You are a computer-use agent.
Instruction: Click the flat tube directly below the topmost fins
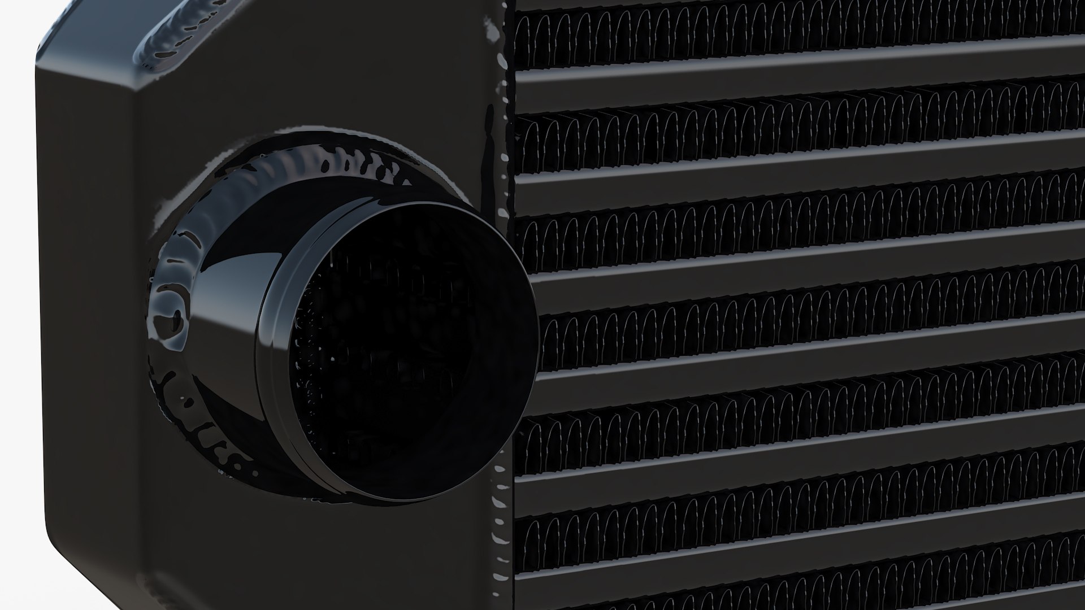pos(791,85)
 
